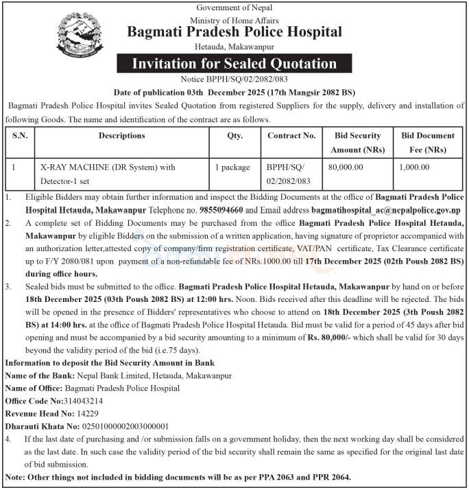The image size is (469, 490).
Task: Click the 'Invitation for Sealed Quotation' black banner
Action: [x=234, y=64]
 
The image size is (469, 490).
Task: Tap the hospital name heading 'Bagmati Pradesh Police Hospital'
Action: [x=234, y=32]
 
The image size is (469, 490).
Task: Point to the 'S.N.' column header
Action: [x=20, y=136]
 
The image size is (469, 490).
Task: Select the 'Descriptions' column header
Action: [x=122, y=136]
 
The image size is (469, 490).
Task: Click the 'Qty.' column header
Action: [x=235, y=136]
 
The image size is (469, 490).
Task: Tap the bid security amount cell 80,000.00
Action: [x=346, y=167]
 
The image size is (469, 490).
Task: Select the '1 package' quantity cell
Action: [x=233, y=167]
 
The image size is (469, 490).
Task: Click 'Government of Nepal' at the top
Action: [x=234, y=7]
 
